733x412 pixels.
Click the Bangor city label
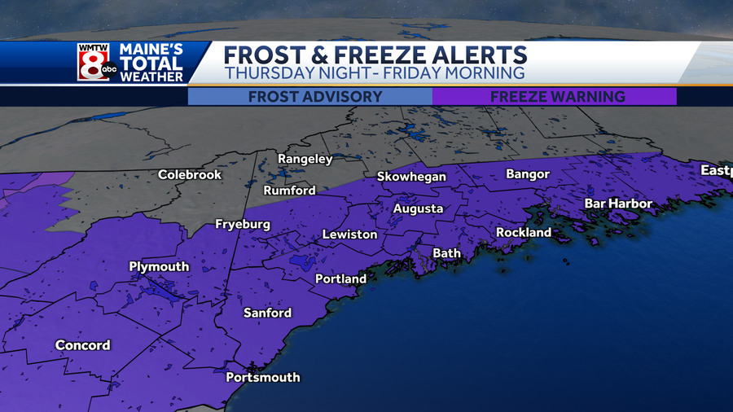click(x=528, y=174)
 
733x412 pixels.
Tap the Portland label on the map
click(x=340, y=278)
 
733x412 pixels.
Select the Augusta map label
click(x=418, y=208)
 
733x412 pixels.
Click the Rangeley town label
click(x=305, y=159)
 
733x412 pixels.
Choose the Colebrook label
click(x=190, y=174)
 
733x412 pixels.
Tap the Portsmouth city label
click(x=262, y=377)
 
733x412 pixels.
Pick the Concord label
click(x=82, y=345)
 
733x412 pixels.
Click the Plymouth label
click(x=159, y=266)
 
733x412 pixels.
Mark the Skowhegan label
click(x=411, y=177)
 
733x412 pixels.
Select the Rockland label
click(x=524, y=232)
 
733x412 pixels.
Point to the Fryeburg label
click(x=242, y=224)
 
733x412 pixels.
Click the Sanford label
click(x=267, y=313)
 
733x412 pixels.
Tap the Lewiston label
click(x=349, y=234)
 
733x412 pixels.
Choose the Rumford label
click(x=289, y=191)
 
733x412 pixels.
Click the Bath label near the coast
click(x=446, y=253)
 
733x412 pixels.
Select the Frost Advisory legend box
click(x=309, y=96)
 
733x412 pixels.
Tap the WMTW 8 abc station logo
click(x=97, y=62)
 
